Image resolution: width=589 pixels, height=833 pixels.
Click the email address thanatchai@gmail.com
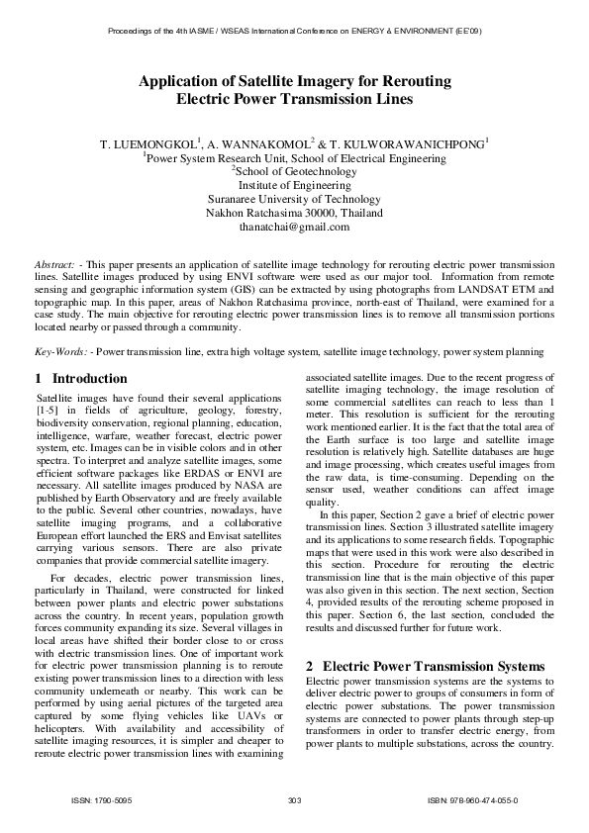point(294,227)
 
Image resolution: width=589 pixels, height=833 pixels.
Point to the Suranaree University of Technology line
point(294,199)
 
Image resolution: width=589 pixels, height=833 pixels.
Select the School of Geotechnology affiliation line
point(294,171)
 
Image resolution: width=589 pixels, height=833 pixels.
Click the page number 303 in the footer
point(294,799)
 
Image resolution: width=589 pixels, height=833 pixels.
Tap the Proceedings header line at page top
point(294,32)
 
